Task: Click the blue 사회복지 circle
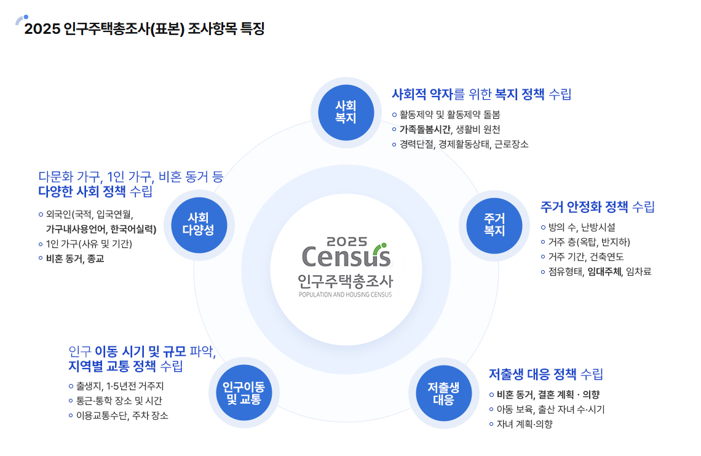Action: (346, 111)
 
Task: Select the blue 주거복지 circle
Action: (494, 225)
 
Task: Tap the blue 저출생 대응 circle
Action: (443, 393)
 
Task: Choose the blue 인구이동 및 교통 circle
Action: (244, 393)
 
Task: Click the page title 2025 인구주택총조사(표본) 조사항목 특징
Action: (145, 29)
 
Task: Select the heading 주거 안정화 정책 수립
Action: (597, 207)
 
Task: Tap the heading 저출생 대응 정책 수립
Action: (545, 374)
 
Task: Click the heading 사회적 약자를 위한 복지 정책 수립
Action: (481, 94)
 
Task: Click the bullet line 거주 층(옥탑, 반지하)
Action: (588, 242)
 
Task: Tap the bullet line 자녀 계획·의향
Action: (525, 424)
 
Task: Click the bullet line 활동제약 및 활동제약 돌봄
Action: (450, 114)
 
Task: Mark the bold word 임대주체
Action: (604, 271)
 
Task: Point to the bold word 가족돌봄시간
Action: (426, 129)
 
